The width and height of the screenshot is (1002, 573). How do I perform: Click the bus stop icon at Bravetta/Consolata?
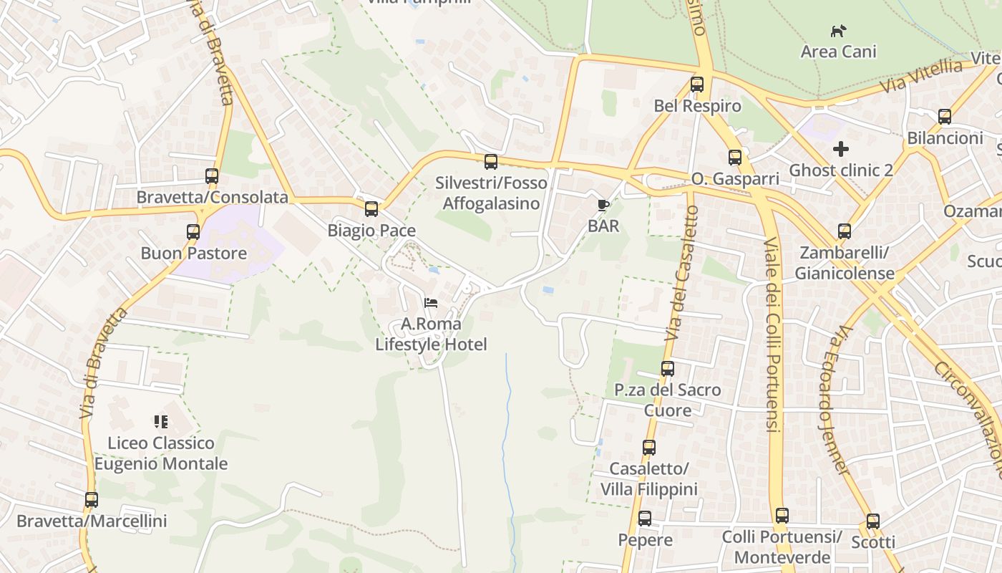(211, 176)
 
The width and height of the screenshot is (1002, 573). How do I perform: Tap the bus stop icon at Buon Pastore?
(193, 232)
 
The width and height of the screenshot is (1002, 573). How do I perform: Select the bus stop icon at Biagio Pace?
(371, 209)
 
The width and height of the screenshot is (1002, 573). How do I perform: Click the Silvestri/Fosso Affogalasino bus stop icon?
(490, 162)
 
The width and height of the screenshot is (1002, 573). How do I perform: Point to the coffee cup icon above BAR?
(603, 206)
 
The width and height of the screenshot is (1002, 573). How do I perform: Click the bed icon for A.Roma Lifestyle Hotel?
(431, 303)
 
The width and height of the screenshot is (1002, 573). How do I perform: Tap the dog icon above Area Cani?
(838, 31)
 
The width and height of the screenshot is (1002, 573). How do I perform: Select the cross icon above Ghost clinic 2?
(841, 149)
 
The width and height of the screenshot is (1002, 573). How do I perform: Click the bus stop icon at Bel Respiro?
(697, 85)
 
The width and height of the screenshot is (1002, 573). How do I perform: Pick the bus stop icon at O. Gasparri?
(735, 158)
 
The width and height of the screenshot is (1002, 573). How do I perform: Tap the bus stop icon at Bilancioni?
(945, 116)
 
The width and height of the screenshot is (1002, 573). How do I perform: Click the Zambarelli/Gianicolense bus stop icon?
(845, 231)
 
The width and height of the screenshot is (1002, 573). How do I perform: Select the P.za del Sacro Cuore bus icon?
(668, 369)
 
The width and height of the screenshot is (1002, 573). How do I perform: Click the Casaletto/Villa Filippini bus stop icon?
(648, 448)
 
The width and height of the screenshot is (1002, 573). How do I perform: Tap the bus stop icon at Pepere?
(645, 519)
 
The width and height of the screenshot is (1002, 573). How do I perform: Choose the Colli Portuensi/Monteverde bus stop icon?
(782, 516)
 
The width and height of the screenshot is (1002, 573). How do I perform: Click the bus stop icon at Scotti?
(872, 521)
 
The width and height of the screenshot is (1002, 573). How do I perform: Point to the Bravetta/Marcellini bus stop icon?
(92, 500)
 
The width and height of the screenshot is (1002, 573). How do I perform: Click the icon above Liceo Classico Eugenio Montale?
(161, 422)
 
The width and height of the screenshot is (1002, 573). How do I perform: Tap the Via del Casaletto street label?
(682, 272)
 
